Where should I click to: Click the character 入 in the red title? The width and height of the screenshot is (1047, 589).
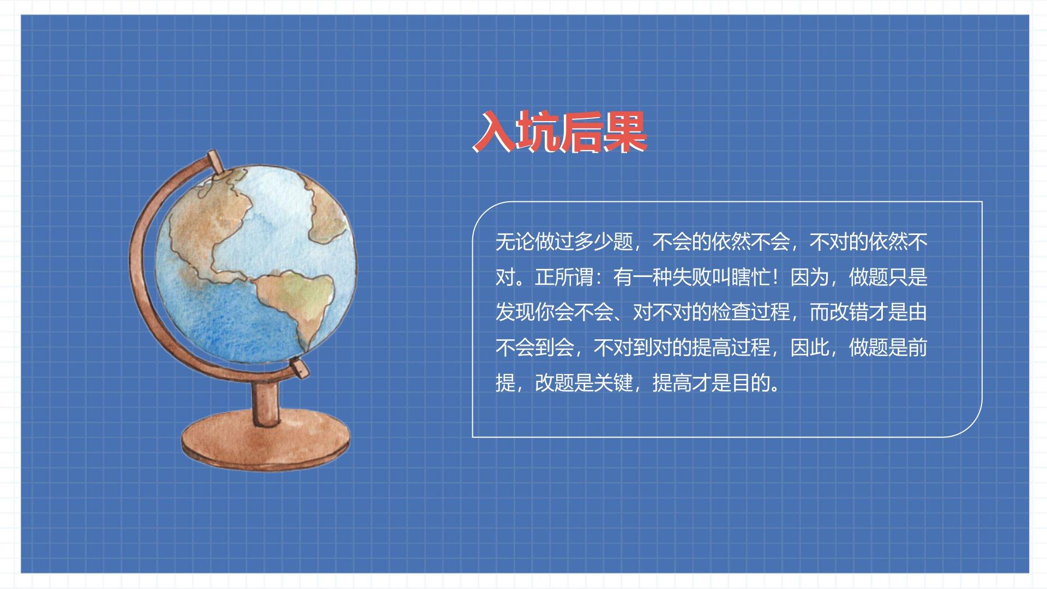pyautogui.click(x=494, y=131)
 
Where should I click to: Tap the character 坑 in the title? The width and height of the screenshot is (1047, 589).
pyautogui.click(x=538, y=131)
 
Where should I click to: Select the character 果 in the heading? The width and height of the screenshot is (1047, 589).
pyautogui.click(x=625, y=131)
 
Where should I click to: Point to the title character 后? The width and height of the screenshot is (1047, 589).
pyautogui.click(x=581, y=131)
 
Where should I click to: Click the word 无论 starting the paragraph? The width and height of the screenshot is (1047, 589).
pyautogui.click(x=515, y=242)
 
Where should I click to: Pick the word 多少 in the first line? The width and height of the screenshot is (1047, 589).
pyautogui.click(x=593, y=242)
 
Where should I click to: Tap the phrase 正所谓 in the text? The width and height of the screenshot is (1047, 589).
pyautogui.click(x=564, y=277)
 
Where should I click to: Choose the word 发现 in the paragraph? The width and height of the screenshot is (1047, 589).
pyautogui.click(x=515, y=312)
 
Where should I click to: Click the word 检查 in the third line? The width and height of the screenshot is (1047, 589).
pyautogui.click(x=731, y=312)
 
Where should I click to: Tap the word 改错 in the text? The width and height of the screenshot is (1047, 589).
pyautogui.click(x=849, y=312)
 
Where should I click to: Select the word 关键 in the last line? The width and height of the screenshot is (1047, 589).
pyautogui.click(x=613, y=383)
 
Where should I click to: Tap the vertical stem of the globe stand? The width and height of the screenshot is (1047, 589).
pyautogui.click(x=266, y=401)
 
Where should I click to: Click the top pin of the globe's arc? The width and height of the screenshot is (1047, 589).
pyautogui.click(x=215, y=163)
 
